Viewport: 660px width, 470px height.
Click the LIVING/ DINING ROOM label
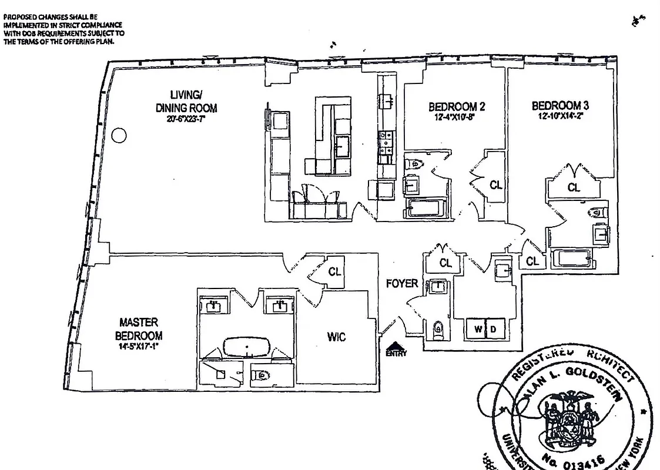[186, 101]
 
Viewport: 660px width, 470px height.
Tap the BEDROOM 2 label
[456, 107]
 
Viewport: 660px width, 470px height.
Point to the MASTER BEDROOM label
[139, 328]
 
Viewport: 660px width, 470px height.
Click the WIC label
[336, 337]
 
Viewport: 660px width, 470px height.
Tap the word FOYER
[402, 284]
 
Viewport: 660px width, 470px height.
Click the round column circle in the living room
[119, 136]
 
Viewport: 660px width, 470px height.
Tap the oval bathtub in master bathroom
[247, 347]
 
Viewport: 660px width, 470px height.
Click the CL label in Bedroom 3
[574, 187]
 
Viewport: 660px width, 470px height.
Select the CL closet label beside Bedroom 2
[496, 185]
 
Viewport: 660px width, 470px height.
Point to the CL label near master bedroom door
[334, 271]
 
